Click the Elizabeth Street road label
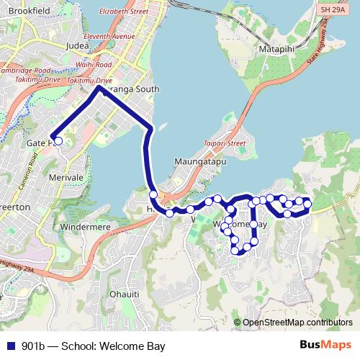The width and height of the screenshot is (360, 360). pyautogui.click(x=123, y=12)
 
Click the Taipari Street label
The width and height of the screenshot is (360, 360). pyautogui.click(x=228, y=143)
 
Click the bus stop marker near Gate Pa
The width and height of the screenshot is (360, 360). pyautogui.click(x=58, y=141)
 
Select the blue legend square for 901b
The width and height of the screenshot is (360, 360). pyautogui.click(x=9, y=346)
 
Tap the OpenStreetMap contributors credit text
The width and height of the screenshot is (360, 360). pyautogui.click(x=297, y=323)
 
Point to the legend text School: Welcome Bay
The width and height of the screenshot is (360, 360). pyautogui.click(x=112, y=346)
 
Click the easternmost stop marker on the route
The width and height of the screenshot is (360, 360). pyautogui.click(x=307, y=204)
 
